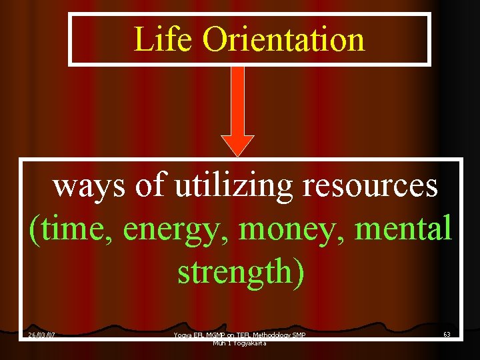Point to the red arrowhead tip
tap(237, 155)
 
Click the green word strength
tap(234, 272)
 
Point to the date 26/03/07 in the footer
tap(41, 335)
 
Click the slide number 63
tap(446, 335)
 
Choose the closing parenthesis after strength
tap(298, 272)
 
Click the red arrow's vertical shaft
tap(237, 100)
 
